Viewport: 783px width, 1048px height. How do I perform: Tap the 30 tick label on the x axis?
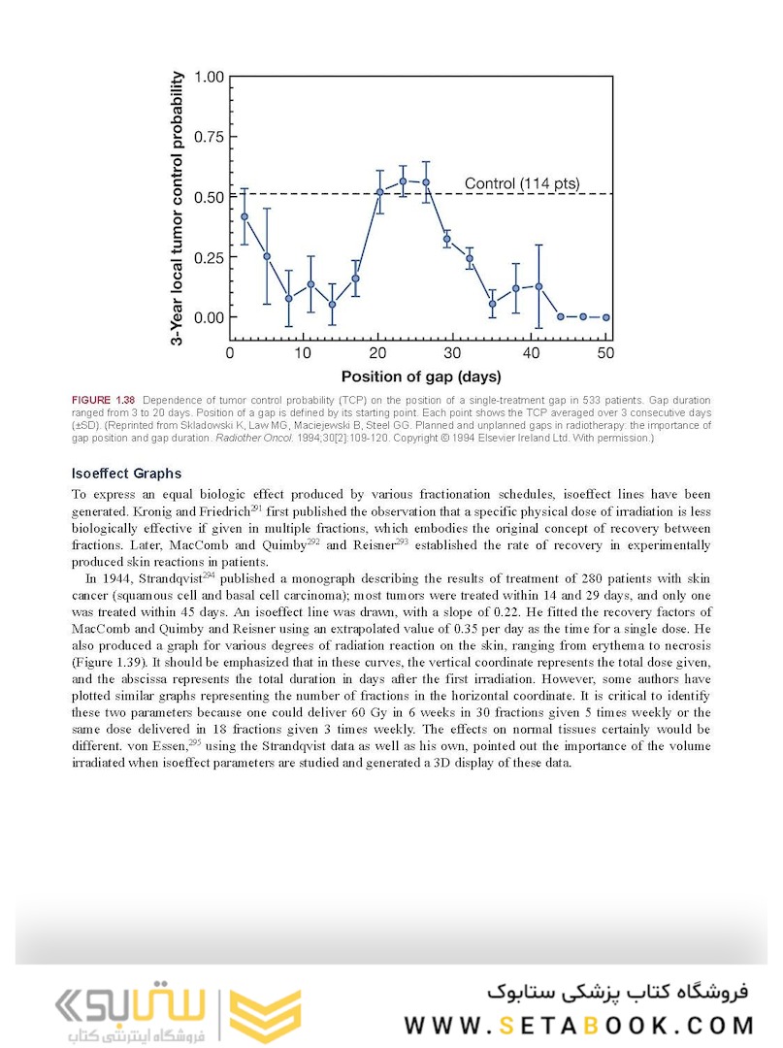pos(455,353)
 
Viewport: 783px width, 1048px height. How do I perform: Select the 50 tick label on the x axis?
pos(605,353)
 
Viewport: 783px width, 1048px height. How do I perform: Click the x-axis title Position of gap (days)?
pos(420,376)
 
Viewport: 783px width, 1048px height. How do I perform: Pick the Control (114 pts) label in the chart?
pos(520,183)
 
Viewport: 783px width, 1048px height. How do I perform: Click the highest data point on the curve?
pos(403,180)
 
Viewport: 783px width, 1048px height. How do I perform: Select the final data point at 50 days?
pos(605,316)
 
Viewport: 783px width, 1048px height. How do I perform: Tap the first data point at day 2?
pos(245,216)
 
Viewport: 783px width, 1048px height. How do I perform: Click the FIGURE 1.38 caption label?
pos(103,401)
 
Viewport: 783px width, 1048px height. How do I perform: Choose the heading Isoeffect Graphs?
pos(126,475)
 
